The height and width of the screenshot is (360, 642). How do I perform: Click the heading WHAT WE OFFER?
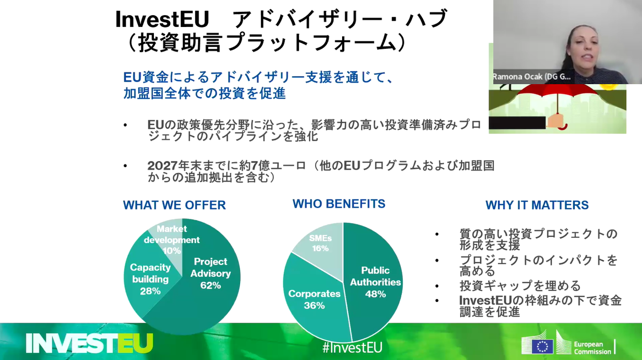pyautogui.click(x=174, y=205)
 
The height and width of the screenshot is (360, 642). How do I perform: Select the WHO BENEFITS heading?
pyautogui.click(x=339, y=204)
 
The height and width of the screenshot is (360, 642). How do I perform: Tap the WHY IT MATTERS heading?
pyautogui.click(x=537, y=205)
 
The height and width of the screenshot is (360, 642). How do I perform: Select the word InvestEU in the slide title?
pyautogui.click(x=162, y=20)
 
